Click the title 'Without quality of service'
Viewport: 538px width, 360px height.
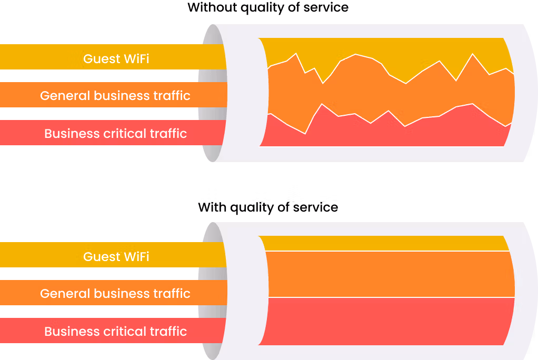click(x=268, y=7)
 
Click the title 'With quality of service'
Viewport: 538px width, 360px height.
click(x=268, y=207)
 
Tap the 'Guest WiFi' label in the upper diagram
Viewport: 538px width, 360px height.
click(x=116, y=59)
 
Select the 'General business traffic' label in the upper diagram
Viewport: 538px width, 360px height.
click(x=115, y=95)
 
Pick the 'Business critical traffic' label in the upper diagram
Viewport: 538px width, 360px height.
click(x=115, y=133)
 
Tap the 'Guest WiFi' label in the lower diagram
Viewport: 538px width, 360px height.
click(x=116, y=257)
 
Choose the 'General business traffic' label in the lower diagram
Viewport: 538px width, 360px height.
click(x=115, y=294)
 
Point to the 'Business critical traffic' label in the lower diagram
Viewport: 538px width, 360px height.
click(x=115, y=331)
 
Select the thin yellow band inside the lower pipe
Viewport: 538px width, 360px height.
click(x=384, y=243)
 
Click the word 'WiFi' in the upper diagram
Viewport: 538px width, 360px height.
click(x=136, y=59)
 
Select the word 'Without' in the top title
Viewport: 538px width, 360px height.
click(x=212, y=7)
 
